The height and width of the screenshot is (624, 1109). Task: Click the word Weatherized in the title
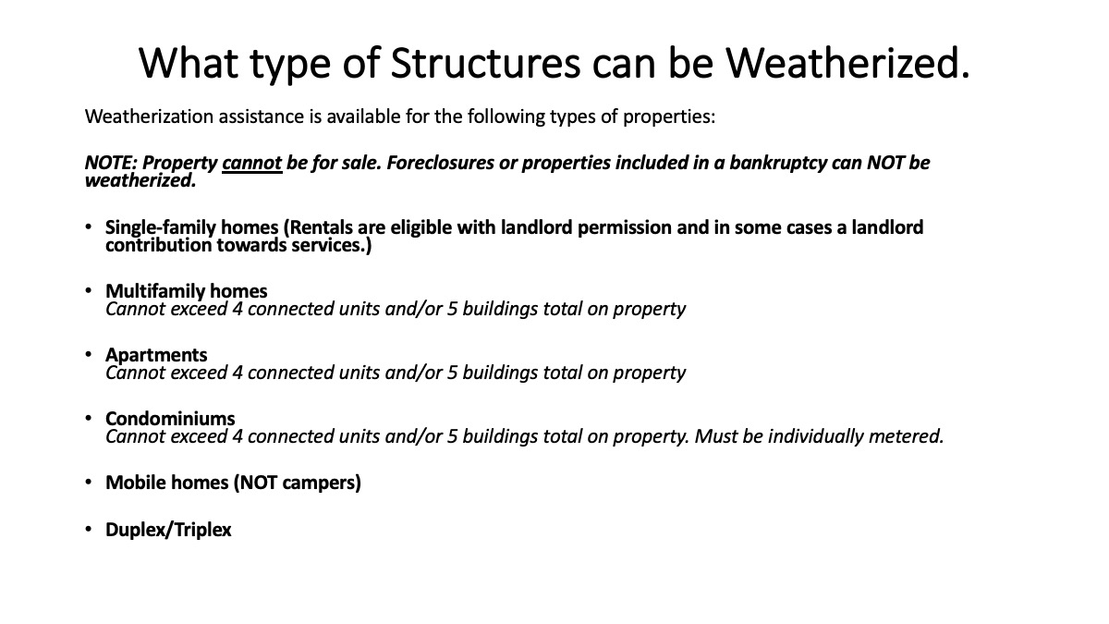pos(843,63)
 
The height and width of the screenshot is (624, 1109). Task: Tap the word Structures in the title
pos(485,63)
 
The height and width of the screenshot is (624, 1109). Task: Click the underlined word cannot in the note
pos(252,163)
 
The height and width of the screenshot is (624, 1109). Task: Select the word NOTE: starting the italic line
pos(111,163)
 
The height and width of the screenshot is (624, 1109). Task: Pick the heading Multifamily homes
pos(186,291)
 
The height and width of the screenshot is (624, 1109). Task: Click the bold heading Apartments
pos(156,355)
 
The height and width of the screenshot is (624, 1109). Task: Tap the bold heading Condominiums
pos(170,419)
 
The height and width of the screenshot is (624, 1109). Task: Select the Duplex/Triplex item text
pos(168,530)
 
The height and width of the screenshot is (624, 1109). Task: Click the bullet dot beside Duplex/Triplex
pos(88,530)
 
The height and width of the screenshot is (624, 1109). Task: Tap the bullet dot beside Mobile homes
pos(88,482)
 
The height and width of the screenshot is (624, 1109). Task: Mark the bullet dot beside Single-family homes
pos(88,226)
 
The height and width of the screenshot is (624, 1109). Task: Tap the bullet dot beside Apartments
pos(88,354)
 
